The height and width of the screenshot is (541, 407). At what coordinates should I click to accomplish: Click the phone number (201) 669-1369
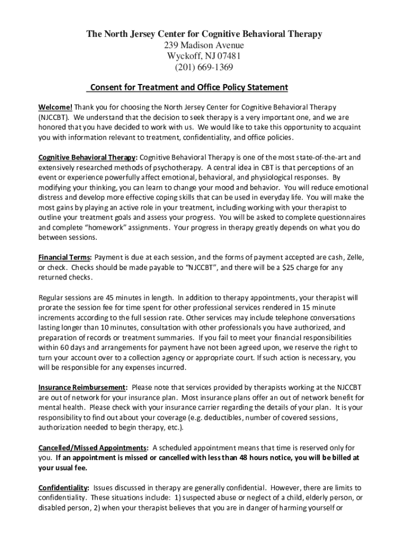coord(203,68)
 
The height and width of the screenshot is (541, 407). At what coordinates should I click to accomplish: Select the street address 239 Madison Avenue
coord(203,45)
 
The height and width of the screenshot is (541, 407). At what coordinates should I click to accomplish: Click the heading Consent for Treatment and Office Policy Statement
coord(189,87)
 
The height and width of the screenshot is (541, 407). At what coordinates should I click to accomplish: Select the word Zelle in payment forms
coord(354,258)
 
